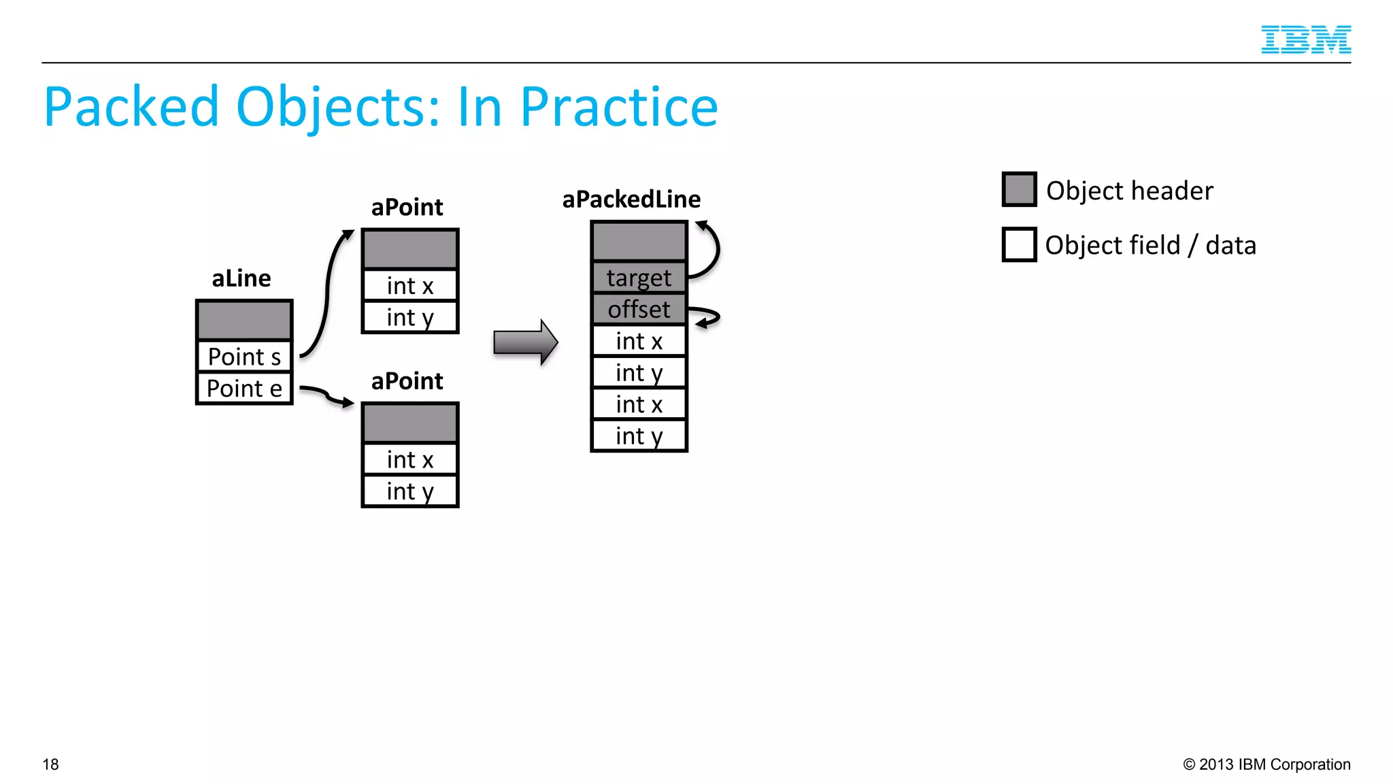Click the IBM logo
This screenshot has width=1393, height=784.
click(1305, 39)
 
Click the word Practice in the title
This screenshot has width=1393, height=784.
click(618, 108)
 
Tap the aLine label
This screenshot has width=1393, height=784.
click(241, 278)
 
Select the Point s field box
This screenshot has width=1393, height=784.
click(244, 357)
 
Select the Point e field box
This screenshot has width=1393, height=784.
click(244, 389)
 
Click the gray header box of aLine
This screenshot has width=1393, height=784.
click(244, 320)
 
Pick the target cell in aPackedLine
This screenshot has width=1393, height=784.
click(639, 278)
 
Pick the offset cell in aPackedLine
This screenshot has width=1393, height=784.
click(639, 310)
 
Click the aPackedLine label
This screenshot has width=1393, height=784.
click(631, 199)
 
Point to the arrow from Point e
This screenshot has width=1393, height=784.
click(326, 395)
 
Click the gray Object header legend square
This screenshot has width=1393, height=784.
click(1019, 190)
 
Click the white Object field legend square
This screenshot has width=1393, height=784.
click(1019, 245)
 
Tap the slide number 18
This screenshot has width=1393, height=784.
click(51, 764)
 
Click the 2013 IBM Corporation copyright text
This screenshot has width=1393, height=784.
click(1266, 764)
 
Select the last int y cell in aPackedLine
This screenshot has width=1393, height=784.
click(639, 436)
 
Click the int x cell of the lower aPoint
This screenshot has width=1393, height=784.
click(410, 460)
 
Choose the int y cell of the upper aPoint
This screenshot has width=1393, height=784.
click(410, 318)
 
